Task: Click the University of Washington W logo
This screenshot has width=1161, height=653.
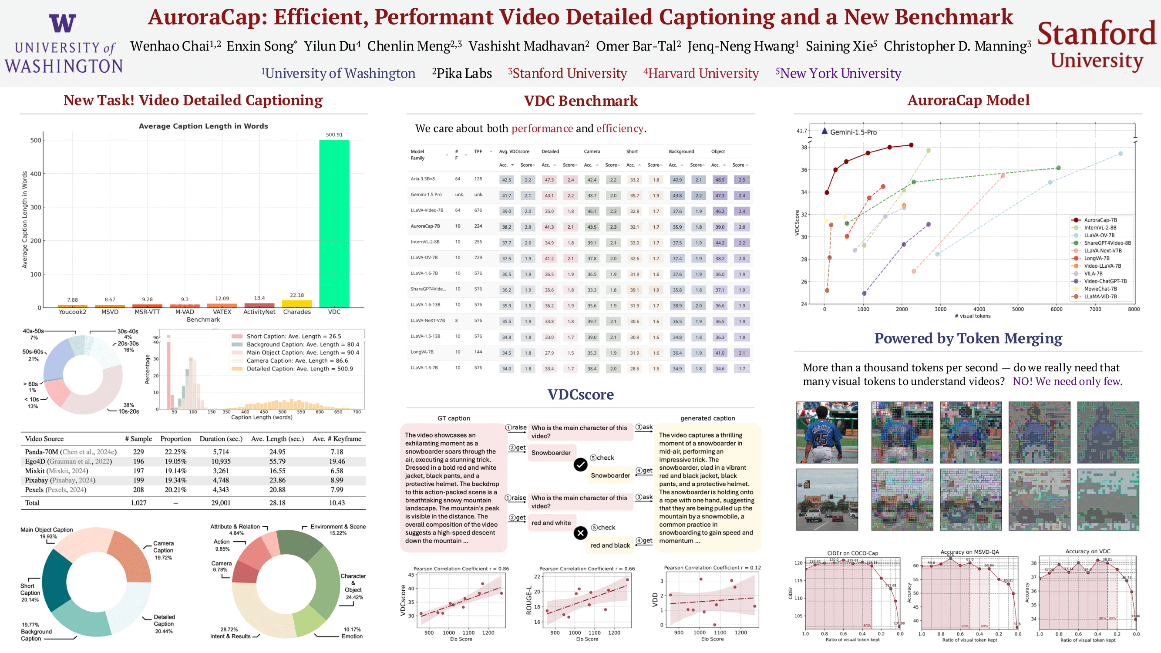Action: (62, 23)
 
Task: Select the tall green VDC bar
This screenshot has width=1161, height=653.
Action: (334, 223)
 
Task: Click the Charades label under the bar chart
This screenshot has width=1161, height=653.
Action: (296, 312)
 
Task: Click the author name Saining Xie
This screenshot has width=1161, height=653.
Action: (841, 46)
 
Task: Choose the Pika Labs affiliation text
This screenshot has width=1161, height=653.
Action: (462, 73)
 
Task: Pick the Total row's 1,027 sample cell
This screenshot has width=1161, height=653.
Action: (138, 503)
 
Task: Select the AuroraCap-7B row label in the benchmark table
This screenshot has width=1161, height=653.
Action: (425, 226)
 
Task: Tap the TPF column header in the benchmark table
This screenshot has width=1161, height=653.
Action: (478, 151)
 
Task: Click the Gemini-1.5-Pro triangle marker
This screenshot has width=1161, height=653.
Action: (824, 131)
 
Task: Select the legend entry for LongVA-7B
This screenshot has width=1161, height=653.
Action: (1097, 258)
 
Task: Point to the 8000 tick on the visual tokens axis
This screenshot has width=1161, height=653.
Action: (1134, 309)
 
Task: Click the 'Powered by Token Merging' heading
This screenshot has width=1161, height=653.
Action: (968, 338)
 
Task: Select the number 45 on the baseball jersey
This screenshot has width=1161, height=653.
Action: (821, 438)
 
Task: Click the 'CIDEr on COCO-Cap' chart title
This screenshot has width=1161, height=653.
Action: (852, 553)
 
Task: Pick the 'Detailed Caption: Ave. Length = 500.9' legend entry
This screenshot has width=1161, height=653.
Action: (299, 369)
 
